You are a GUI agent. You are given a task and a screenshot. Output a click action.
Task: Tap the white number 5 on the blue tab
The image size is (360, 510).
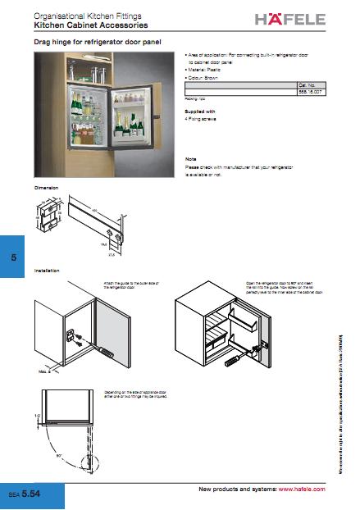(x=13, y=257)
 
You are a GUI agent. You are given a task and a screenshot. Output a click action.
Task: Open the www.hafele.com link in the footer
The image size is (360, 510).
(x=302, y=489)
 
